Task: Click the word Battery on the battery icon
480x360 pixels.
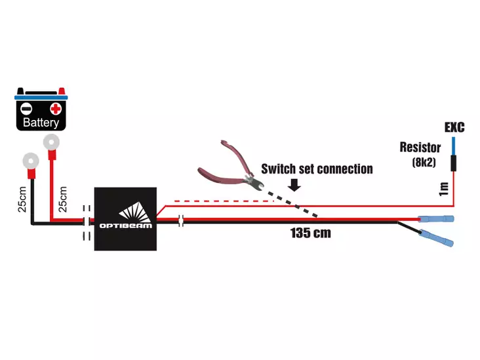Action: click(41, 122)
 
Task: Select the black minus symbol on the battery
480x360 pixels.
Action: click(26, 108)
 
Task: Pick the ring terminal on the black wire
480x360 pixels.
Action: click(29, 159)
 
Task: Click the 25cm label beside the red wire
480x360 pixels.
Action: click(63, 197)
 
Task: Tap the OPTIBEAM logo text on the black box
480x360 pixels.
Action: click(125, 225)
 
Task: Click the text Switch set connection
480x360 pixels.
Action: click(317, 169)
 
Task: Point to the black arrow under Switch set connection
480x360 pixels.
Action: click(294, 186)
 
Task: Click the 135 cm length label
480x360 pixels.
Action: click(310, 233)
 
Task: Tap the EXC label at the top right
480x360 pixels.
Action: click(454, 127)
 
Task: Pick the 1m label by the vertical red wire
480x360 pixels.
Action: click(445, 189)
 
